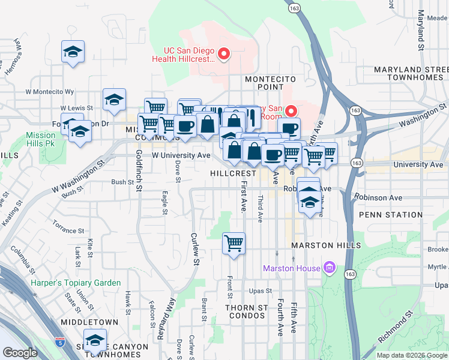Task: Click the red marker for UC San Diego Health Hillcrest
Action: click(x=223, y=55)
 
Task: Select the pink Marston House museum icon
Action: click(x=328, y=267)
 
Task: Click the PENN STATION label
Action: click(x=391, y=215)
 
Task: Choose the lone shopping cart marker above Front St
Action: click(x=234, y=244)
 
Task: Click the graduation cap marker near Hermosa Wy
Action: click(x=73, y=52)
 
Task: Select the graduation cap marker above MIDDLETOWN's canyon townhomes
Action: click(x=95, y=341)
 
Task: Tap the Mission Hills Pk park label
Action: click(x=40, y=139)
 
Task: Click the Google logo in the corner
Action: click(x=20, y=353)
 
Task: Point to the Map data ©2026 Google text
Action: click(x=411, y=355)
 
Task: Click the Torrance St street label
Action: click(x=68, y=230)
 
